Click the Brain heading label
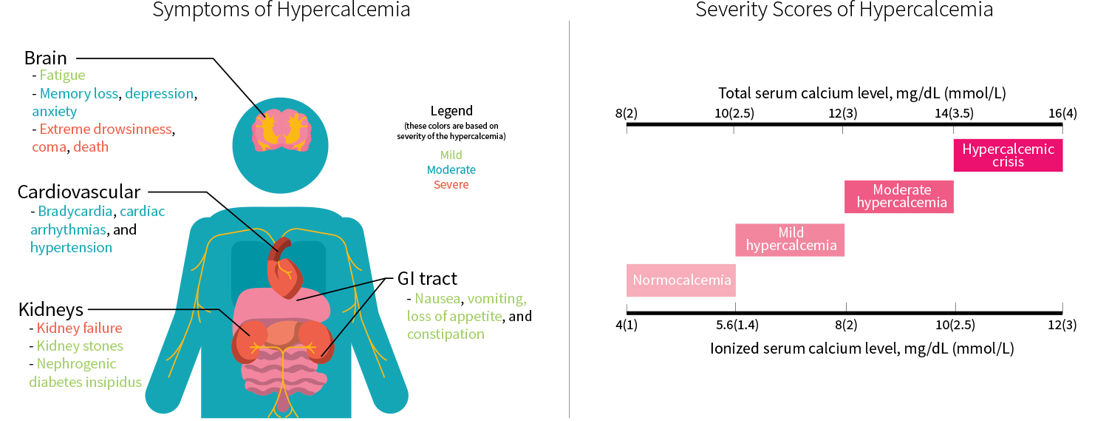click(x=46, y=58)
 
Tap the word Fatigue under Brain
click(x=62, y=75)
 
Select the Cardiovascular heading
click(x=79, y=192)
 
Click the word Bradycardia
click(x=75, y=212)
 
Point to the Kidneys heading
click(x=50, y=309)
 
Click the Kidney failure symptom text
click(x=79, y=329)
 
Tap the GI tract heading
click(x=427, y=279)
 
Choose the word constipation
click(x=446, y=334)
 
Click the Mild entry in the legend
click(x=451, y=155)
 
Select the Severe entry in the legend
click(x=451, y=185)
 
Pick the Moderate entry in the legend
click(x=451, y=170)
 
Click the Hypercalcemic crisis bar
click(x=1008, y=155)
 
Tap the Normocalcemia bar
click(x=681, y=280)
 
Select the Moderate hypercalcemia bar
click(x=899, y=197)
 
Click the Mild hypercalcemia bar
click(x=790, y=240)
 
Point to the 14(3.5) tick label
click(x=954, y=113)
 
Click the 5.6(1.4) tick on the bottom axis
click(x=737, y=326)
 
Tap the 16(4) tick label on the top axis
click(x=1062, y=113)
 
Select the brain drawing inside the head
click(x=281, y=130)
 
